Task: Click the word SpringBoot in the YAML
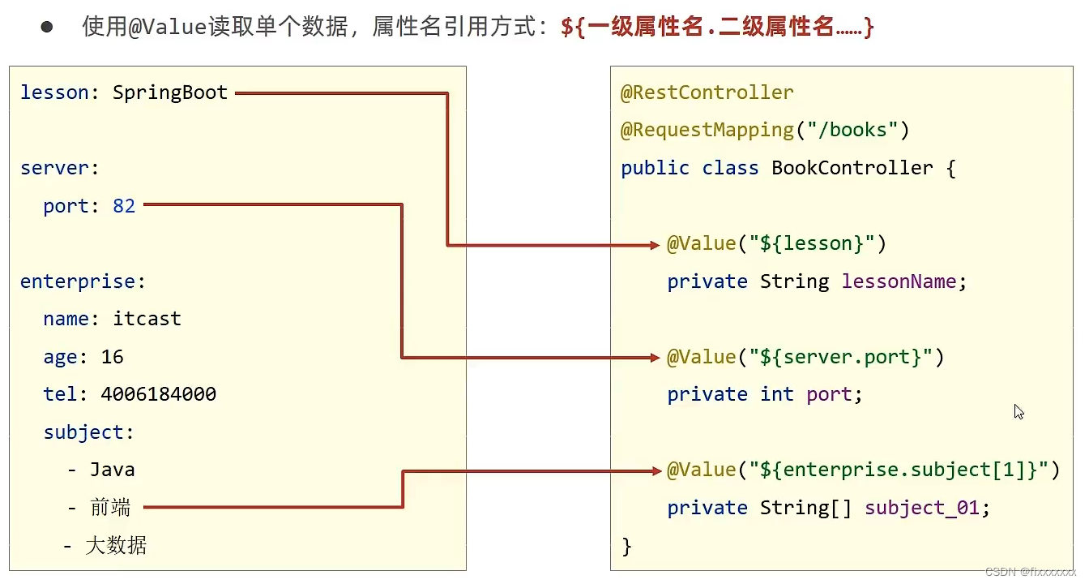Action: [170, 92]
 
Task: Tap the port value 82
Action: [124, 206]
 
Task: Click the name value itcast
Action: [147, 319]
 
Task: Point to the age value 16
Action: [113, 357]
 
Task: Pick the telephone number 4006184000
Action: [159, 394]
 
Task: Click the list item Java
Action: [113, 470]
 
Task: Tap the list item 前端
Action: [110, 508]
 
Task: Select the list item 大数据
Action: [116, 545]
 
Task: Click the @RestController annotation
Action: [707, 92]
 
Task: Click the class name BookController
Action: [852, 168]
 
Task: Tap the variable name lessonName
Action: [899, 281]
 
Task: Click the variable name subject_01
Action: [922, 508]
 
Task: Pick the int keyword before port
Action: [777, 394]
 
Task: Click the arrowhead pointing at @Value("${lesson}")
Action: [656, 244]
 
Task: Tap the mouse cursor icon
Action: [1019, 412]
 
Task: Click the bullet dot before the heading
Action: [47, 27]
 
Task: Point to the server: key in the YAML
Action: [59, 168]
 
